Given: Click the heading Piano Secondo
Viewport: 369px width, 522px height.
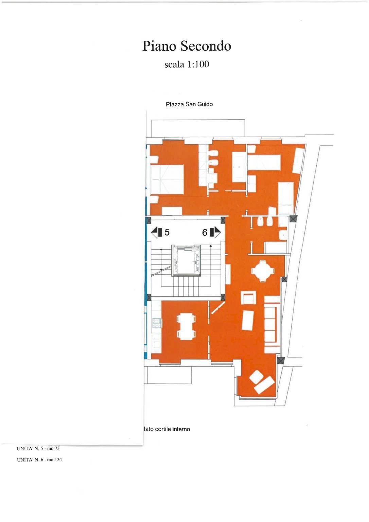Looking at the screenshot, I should (187, 46).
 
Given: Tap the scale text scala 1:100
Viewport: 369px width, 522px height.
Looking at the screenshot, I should (187, 64).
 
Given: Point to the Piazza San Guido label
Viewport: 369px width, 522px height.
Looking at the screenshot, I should (189, 104).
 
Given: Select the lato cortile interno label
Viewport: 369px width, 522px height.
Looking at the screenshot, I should (167, 429).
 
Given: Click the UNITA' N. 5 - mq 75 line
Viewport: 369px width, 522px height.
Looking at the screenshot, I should (38, 449).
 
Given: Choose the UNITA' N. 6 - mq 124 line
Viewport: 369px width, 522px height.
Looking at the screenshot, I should (39, 460).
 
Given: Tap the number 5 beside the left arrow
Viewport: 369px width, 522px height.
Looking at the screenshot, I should (167, 232).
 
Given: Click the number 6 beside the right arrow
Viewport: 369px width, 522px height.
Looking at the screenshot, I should (205, 232).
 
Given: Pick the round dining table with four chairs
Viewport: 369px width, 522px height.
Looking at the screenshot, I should (262, 271).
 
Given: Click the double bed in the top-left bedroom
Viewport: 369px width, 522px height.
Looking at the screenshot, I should (166, 180).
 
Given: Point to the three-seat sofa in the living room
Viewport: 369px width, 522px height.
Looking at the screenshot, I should (272, 324).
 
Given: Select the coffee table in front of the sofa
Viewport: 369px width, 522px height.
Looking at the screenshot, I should (248, 320).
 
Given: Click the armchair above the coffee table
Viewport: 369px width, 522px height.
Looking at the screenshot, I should (248, 298).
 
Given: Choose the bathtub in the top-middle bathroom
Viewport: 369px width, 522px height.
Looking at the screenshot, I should (239, 167).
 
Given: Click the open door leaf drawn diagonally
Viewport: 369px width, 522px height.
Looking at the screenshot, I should (217, 308).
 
